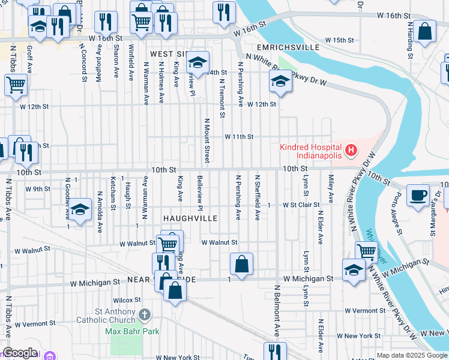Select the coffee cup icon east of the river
(x=418, y=194)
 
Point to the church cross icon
(x=144, y=314)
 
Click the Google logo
(x=20, y=352)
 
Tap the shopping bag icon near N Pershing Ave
(x=241, y=264)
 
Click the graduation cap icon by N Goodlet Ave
(x=80, y=209)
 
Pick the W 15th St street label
(x=340, y=40)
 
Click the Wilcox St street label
(x=127, y=299)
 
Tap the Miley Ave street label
(x=330, y=188)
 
